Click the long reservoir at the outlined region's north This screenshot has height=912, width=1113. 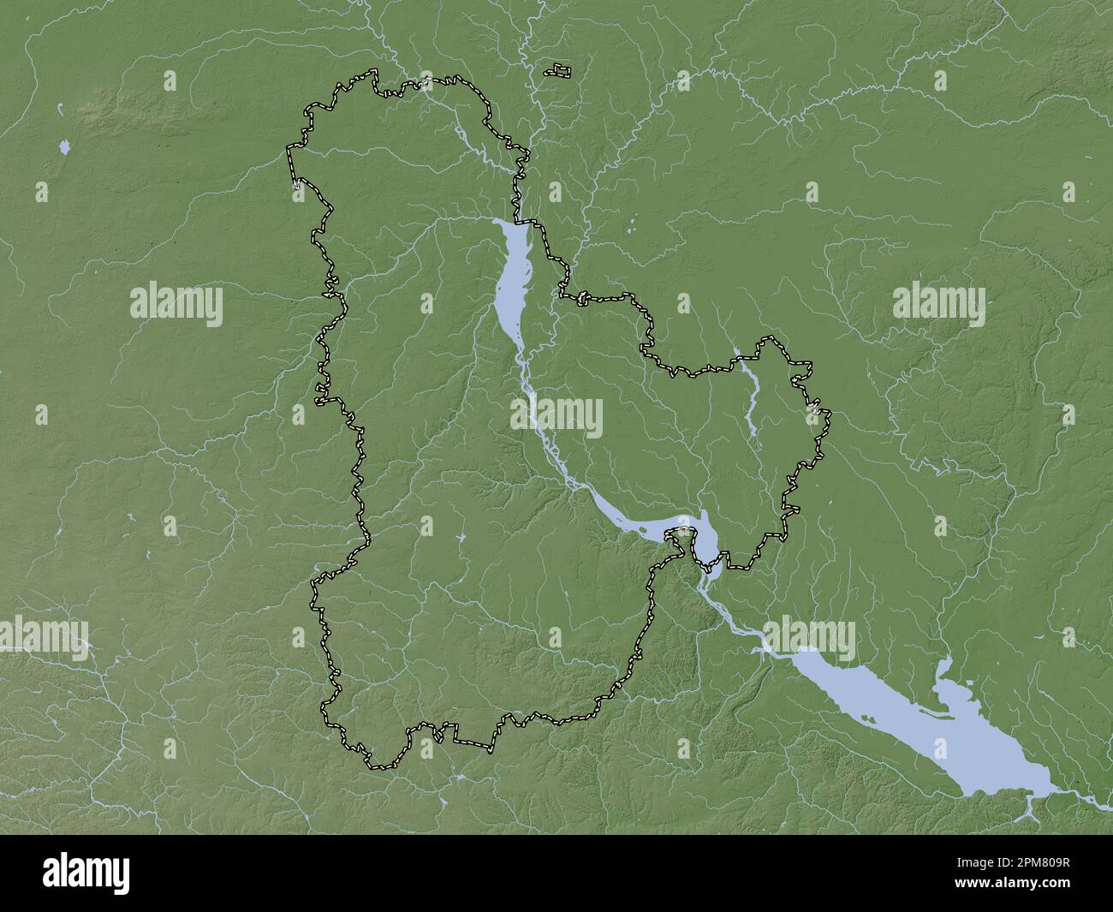511,274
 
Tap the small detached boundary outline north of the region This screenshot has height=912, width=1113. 560,69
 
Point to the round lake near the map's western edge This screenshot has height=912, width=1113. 64,148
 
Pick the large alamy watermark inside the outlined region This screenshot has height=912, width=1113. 556,414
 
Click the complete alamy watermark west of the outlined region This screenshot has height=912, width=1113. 176,305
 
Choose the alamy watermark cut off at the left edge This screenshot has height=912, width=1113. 43,635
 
